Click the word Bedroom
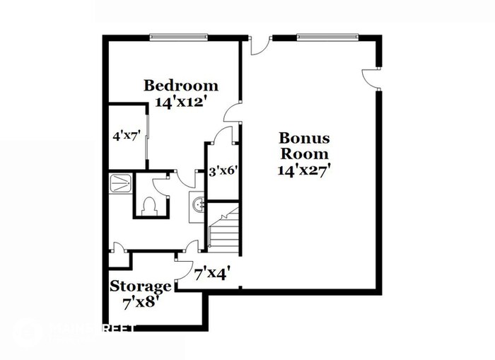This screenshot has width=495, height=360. (x=181, y=86)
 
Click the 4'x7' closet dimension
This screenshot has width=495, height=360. (x=125, y=134)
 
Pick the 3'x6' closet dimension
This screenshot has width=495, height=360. (x=221, y=170)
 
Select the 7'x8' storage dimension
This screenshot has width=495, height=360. (x=141, y=301)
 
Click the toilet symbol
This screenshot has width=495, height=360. (x=148, y=206)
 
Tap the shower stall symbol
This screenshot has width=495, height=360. (x=121, y=183)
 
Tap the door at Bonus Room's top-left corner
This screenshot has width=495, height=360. (x=260, y=47)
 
